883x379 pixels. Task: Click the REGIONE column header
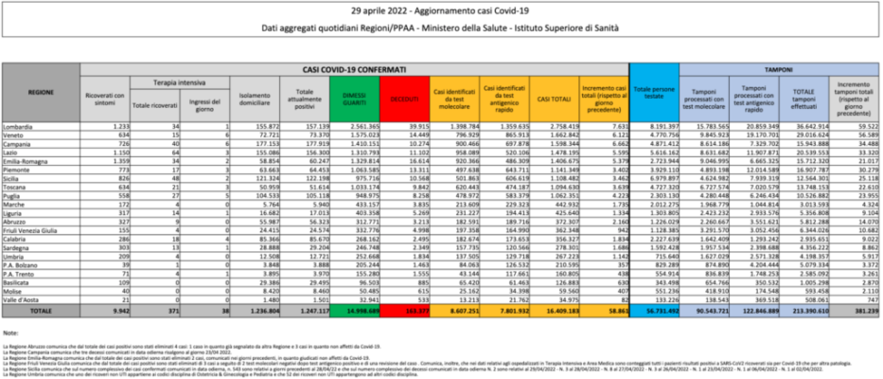(41, 95)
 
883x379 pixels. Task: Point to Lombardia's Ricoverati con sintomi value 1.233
(118, 126)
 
